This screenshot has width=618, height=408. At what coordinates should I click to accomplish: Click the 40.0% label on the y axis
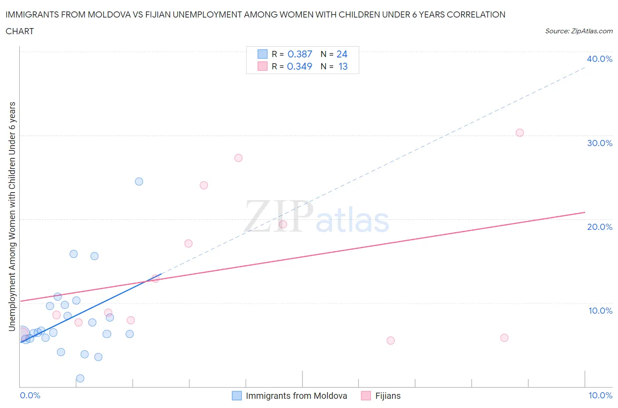(x=600, y=59)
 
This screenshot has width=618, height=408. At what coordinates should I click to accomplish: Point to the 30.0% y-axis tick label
(x=600, y=143)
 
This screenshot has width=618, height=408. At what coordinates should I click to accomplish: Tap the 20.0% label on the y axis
(x=600, y=227)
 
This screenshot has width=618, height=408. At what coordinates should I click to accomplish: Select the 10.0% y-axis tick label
(x=600, y=311)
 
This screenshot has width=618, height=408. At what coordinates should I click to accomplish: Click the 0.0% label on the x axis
(x=30, y=395)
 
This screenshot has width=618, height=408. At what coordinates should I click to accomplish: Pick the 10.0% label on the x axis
(x=600, y=395)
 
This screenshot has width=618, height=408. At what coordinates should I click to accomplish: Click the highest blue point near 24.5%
(x=139, y=182)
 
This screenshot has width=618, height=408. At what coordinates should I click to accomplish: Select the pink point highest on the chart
(x=520, y=132)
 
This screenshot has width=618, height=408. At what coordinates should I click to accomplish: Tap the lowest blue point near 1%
(x=80, y=378)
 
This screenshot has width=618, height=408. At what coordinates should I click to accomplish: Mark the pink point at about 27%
(x=238, y=158)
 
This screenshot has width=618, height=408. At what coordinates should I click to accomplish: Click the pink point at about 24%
(x=204, y=185)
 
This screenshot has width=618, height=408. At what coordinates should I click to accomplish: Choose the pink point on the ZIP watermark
(x=283, y=225)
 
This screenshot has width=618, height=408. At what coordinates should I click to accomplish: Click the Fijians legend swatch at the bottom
(x=366, y=396)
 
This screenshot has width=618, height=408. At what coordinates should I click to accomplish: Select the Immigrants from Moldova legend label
(x=296, y=396)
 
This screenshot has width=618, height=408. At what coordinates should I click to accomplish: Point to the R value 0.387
(x=299, y=54)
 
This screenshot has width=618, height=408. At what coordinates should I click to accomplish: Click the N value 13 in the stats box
(x=343, y=66)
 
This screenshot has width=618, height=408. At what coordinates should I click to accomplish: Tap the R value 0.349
(x=299, y=66)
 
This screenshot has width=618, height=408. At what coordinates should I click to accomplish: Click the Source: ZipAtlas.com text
(x=578, y=31)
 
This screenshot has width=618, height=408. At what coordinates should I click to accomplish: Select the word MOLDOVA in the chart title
(x=109, y=14)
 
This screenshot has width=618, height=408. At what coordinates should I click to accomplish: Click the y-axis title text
(x=12, y=216)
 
